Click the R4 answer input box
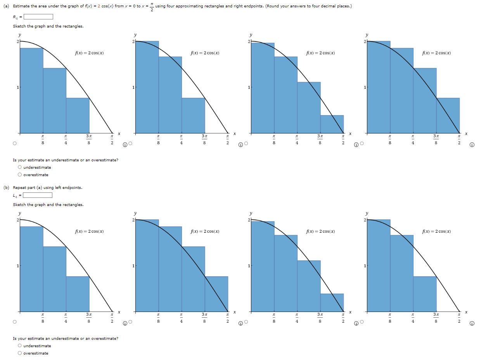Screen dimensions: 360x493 [x=38, y=17]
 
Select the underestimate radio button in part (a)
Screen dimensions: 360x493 [x=19, y=168]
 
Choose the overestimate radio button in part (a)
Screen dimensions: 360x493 [x=19, y=175]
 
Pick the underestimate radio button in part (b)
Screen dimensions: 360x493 [x=19, y=346]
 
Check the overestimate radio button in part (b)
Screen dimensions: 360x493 [x=19, y=353]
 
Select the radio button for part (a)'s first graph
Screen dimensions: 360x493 [x=14, y=144]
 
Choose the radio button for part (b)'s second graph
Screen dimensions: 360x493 [x=130, y=322]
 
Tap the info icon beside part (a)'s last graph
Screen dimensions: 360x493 [x=472, y=145]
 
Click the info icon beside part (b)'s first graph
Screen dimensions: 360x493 [x=125, y=323]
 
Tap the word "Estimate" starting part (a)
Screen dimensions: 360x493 [x=21, y=7]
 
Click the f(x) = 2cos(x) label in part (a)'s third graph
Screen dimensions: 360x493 [x=320, y=53]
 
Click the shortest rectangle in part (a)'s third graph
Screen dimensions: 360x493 [x=332, y=124]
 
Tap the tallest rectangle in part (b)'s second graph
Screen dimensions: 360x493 [x=147, y=266]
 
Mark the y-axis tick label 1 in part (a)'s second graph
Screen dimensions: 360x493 [x=133, y=87]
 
